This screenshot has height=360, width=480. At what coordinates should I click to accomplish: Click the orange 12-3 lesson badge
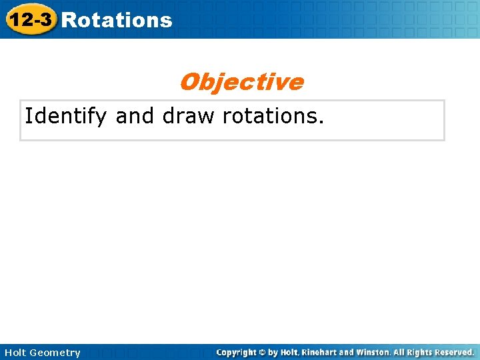29,19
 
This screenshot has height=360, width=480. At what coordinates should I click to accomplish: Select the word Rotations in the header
117,20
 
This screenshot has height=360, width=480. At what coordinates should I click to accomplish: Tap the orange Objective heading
241,82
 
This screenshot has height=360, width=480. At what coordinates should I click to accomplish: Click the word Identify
65,117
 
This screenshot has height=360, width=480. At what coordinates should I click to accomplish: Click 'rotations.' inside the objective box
273,116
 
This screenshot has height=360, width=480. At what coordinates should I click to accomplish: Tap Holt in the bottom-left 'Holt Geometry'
15,353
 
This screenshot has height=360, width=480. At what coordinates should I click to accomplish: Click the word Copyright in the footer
238,352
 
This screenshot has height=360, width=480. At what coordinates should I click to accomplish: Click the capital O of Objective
188,82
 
